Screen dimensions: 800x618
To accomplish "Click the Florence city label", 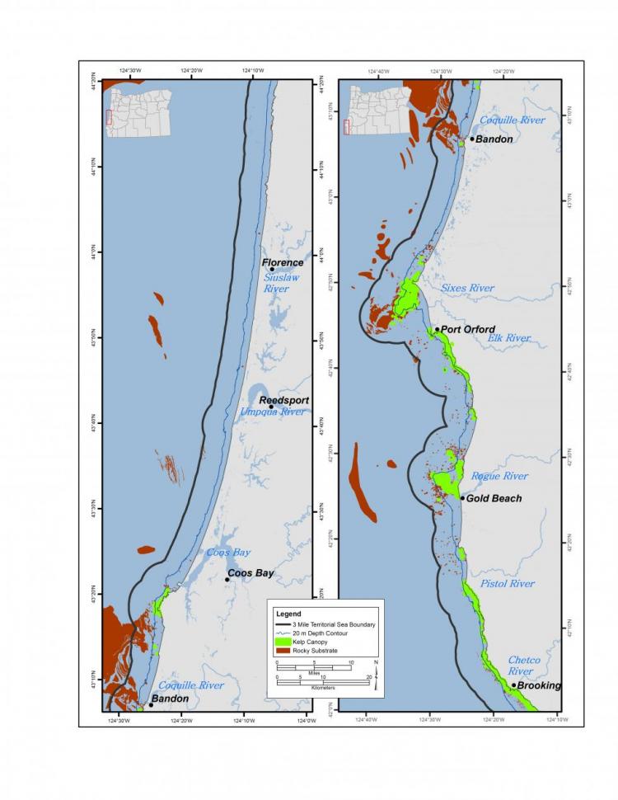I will click(283, 263).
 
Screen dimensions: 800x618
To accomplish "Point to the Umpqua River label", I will click(273, 412).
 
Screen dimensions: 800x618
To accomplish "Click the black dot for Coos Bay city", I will click(227, 580).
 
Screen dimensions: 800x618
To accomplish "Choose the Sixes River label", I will click(466, 288).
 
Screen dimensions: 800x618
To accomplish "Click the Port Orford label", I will click(468, 329).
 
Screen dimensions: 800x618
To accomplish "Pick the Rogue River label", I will click(499, 476).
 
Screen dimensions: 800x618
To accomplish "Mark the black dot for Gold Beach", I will click(462, 498).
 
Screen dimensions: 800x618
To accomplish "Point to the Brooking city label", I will click(540, 685).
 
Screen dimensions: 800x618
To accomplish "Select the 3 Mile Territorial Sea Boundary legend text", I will click(337, 624).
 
